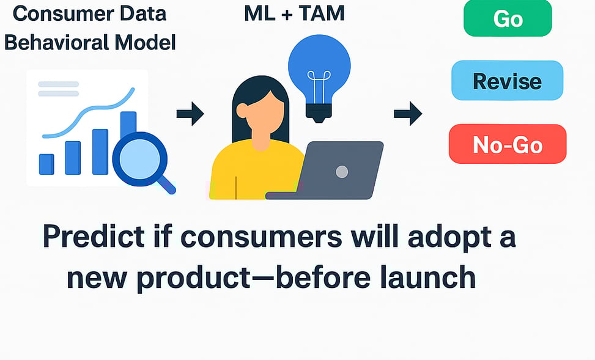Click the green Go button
508,18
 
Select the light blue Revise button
508,81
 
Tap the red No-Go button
508,144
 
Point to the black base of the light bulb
319,112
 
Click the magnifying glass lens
139,159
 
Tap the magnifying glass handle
166,185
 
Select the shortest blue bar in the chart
46,164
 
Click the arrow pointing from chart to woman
190,114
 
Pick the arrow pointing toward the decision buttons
408,114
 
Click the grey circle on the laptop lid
342,172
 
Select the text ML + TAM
295,13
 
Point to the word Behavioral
56,42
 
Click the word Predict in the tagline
94,236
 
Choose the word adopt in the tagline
446,237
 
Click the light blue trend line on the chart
88,114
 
